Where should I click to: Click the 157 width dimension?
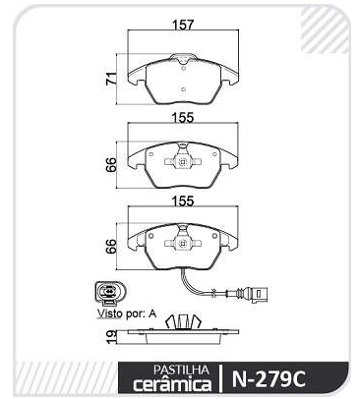tap(183, 25)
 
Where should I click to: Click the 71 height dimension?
tap(111, 79)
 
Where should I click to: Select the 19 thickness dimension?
tap(111, 336)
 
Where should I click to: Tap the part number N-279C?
tap(269, 379)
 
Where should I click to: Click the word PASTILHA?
tap(181, 370)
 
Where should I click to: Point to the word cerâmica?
tap(172, 384)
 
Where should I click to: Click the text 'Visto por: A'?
tap(127, 313)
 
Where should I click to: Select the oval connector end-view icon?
tap(108, 291)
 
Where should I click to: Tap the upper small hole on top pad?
tap(184, 69)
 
